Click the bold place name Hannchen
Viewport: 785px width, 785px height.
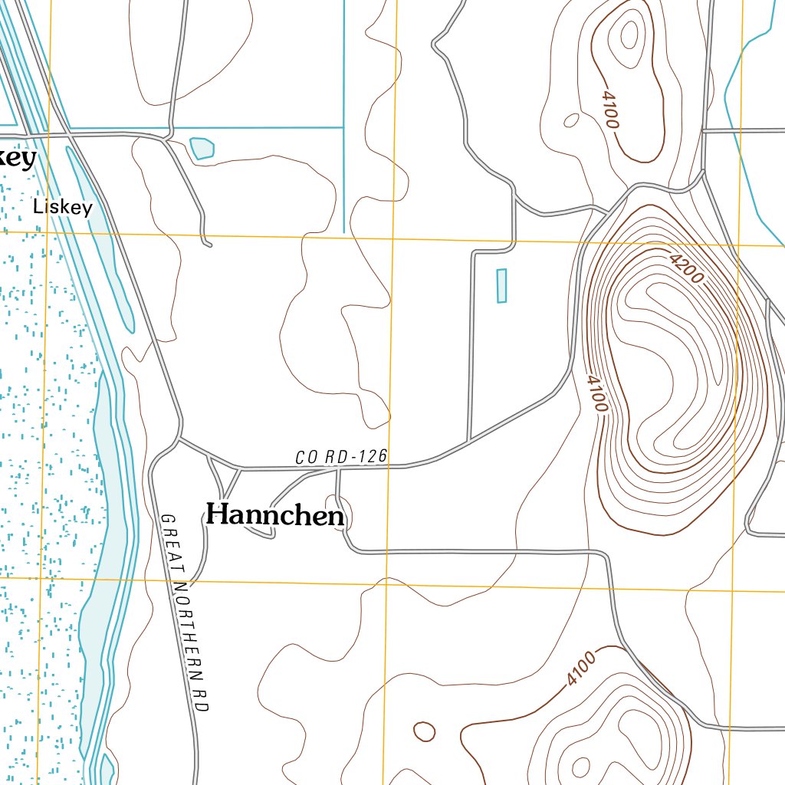click(x=275, y=515)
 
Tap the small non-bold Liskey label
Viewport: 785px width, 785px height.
click(x=62, y=207)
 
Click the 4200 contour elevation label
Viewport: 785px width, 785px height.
click(x=685, y=269)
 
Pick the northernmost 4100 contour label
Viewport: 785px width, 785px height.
click(x=611, y=109)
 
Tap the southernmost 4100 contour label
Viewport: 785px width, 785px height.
click(x=581, y=668)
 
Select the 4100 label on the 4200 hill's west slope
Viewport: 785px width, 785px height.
click(x=596, y=392)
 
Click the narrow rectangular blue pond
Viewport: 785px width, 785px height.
click(x=502, y=286)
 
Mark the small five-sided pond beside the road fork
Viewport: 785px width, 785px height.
click(x=202, y=148)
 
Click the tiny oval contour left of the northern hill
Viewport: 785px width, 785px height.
click(x=571, y=120)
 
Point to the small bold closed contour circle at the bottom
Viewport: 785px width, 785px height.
click(x=424, y=731)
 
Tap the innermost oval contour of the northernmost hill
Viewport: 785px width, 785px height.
click(x=629, y=34)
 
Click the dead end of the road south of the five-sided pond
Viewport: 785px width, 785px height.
click(x=208, y=245)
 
